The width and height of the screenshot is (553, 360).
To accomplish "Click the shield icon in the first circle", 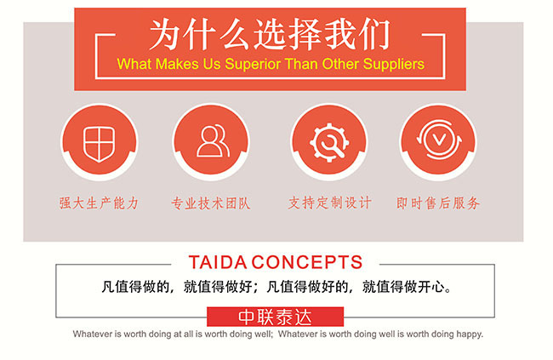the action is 99,144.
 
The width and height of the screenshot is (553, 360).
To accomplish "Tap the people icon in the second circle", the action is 213,140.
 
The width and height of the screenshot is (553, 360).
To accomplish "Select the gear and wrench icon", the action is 329,142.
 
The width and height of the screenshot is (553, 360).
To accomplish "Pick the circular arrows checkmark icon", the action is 439,140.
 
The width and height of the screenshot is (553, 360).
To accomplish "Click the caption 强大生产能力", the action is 99,203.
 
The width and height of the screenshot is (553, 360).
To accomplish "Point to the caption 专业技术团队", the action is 211,203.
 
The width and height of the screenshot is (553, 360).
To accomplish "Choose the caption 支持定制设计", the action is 330,203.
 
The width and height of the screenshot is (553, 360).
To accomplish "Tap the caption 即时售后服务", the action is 438,203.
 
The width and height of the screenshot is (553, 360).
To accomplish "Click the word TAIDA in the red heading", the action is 218,262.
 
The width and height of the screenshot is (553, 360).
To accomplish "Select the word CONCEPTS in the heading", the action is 307,262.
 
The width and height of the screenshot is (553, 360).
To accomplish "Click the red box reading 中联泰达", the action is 275,317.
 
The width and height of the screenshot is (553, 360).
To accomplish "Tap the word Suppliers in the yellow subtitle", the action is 394,64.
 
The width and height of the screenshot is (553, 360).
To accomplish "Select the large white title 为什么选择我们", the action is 271,35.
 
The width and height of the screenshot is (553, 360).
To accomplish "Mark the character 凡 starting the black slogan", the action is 108,287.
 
